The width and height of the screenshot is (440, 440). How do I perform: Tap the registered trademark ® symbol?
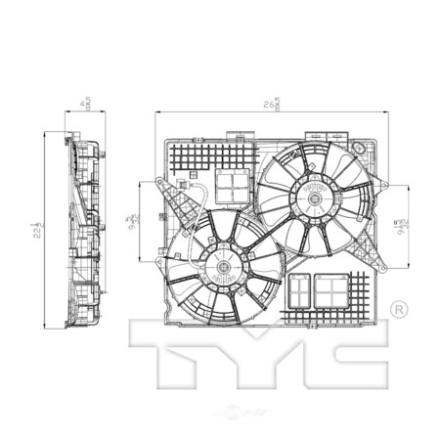[x=399, y=309]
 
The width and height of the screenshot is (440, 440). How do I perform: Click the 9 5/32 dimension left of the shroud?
[x=131, y=221]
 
